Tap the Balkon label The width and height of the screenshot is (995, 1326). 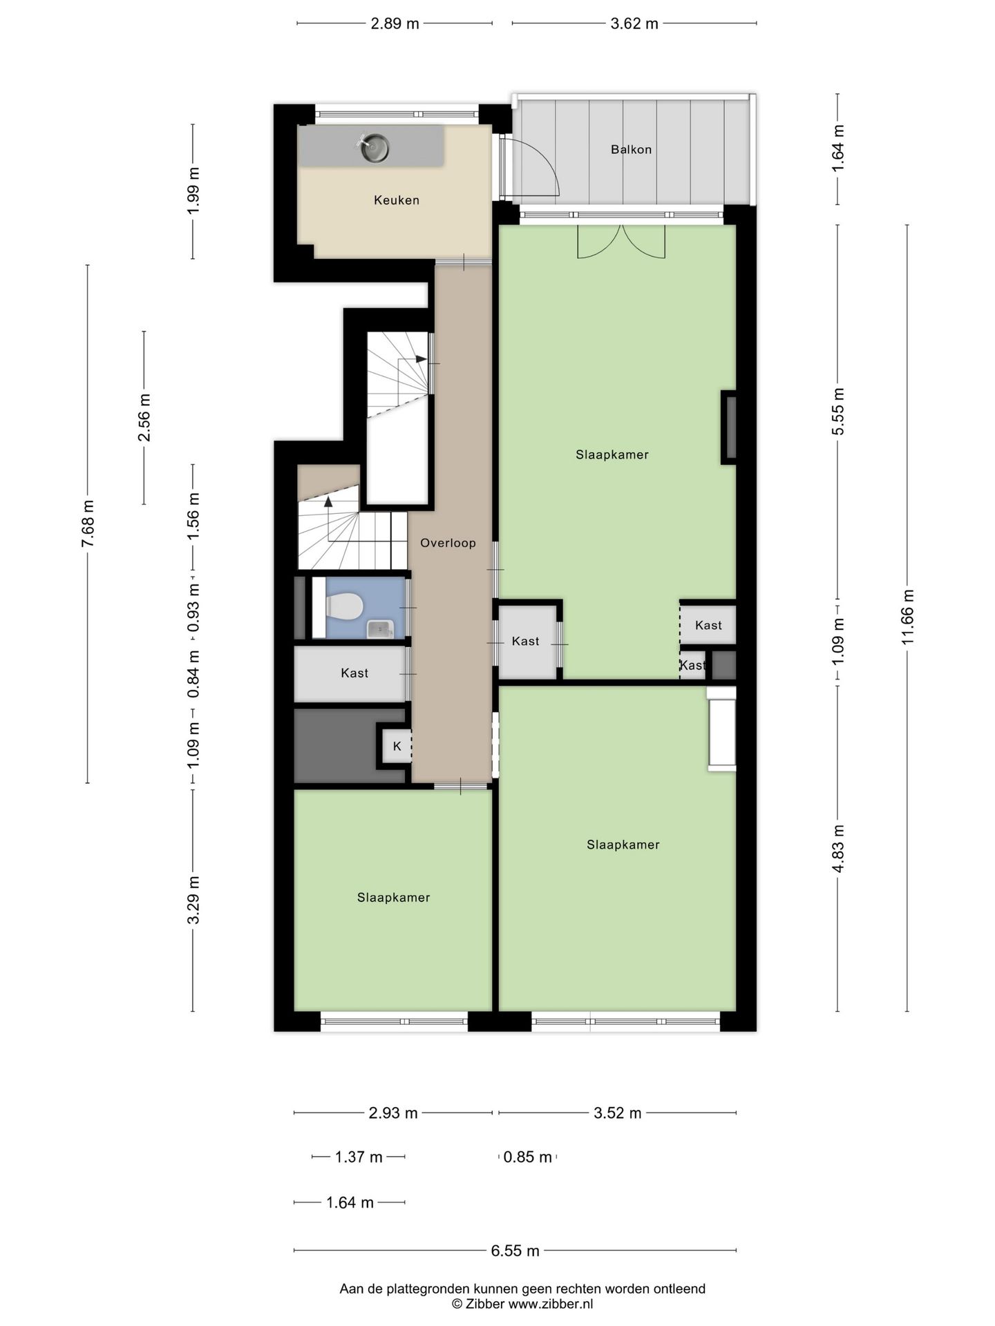click(631, 149)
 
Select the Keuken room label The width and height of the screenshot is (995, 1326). click(397, 200)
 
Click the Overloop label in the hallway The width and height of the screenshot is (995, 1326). click(448, 543)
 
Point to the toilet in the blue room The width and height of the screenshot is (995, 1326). click(344, 607)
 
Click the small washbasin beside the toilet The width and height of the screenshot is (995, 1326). click(379, 629)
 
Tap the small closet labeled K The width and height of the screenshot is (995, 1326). click(397, 746)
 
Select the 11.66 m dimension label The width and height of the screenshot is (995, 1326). click(907, 617)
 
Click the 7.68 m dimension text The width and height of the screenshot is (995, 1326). click(88, 523)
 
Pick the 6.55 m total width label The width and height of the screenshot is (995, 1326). click(515, 1251)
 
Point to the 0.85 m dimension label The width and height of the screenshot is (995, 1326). click(528, 1157)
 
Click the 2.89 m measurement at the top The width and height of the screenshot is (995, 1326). click(395, 23)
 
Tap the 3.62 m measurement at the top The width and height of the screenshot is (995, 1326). click(634, 23)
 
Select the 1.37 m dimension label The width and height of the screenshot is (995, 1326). click(359, 1157)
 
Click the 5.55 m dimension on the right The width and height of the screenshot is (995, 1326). click(838, 411)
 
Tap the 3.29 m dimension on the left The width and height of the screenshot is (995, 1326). click(193, 900)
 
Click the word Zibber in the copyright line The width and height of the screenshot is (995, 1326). click(485, 1304)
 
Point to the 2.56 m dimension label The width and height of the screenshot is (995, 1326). click(144, 418)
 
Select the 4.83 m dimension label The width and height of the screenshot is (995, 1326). click(838, 849)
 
